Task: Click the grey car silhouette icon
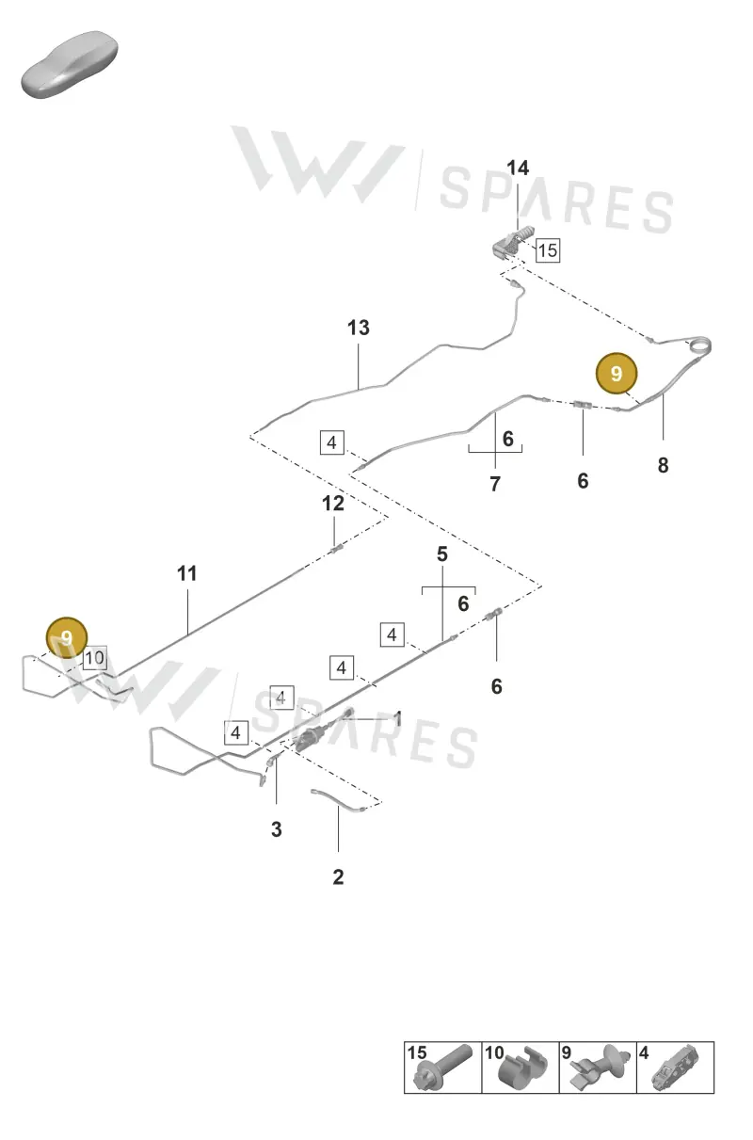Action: click(x=70, y=65)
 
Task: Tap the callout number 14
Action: click(x=518, y=168)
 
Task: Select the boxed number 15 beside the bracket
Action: click(x=548, y=250)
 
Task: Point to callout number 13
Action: click(x=359, y=328)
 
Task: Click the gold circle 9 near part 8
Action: click(x=617, y=374)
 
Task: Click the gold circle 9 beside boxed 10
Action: click(x=67, y=637)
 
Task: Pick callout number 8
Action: click(x=663, y=465)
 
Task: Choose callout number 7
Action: click(x=495, y=484)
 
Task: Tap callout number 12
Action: click(x=333, y=504)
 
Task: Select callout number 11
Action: click(x=186, y=573)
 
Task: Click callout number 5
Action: click(x=442, y=554)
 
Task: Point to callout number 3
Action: click(x=277, y=829)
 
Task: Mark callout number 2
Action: click(x=338, y=876)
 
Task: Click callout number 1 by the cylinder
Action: click(x=398, y=719)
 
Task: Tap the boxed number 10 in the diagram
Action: click(x=95, y=658)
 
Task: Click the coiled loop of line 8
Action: click(x=700, y=346)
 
